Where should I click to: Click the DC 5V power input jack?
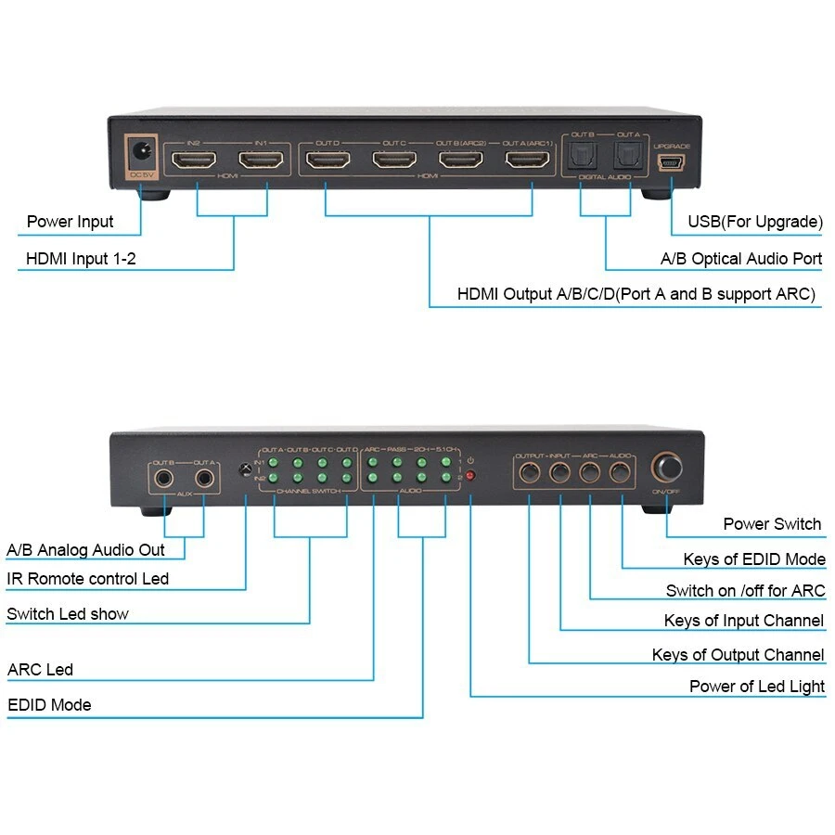click(141, 151)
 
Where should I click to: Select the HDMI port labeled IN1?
click(260, 160)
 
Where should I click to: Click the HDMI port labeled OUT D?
click(327, 160)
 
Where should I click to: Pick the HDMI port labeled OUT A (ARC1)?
click(527, 160)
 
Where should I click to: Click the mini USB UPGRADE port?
click(670, 163)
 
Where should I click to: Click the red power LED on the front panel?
click(470, 476)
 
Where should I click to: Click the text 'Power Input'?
click(70, 222)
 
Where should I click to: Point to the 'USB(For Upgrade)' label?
click(754, 222)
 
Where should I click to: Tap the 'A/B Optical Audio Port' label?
click(740, 259)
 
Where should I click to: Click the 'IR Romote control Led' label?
click(87, 579)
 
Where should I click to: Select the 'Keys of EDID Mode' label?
click(753, 559)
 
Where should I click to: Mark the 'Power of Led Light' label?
click(756, 687)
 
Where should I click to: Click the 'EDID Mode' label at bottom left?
click(49, 705)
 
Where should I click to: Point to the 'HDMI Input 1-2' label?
click(81, 259)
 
